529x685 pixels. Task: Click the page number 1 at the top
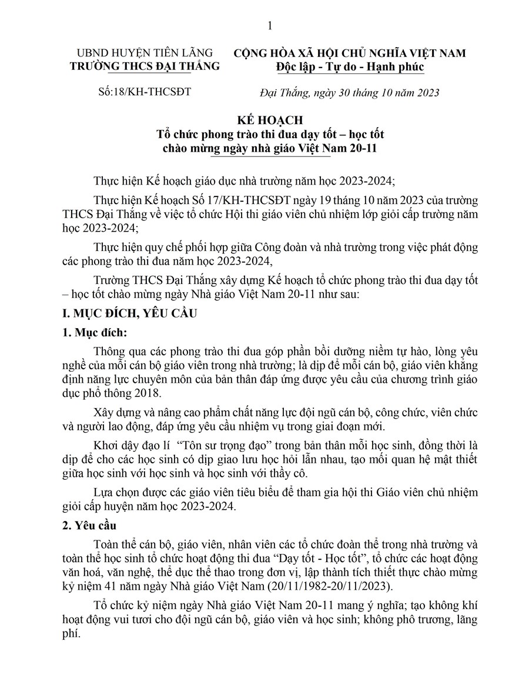coord(270,25)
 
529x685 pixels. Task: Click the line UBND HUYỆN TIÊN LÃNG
coord(144,53)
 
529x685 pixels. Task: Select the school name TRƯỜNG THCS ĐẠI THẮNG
coord(144,66)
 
